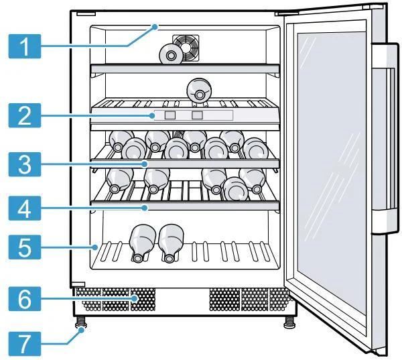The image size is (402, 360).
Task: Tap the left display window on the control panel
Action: (170, 116)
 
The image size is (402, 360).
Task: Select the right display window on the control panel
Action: (196, 116)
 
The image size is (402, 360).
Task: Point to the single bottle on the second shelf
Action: (198, 89)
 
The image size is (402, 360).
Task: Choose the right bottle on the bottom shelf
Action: (171, 241)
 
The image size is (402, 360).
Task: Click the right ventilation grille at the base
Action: (248, 299)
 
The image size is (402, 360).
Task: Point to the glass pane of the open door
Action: (328, 174)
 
